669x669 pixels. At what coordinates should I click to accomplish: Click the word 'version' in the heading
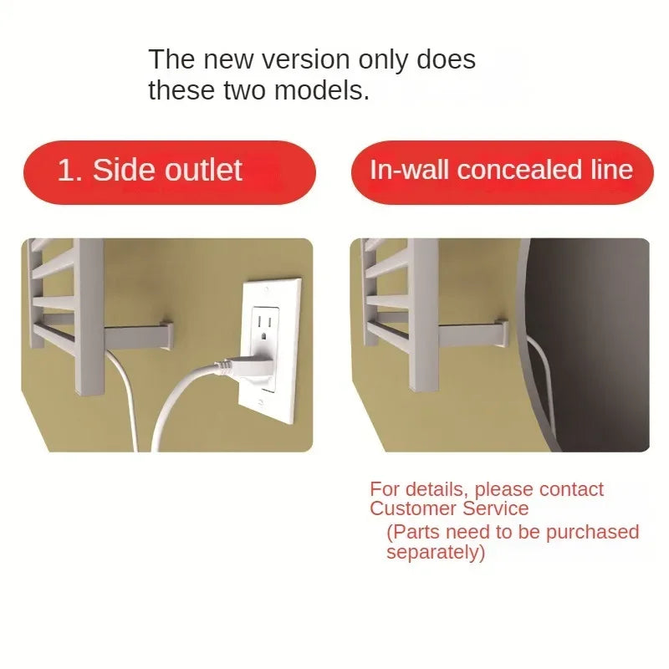coord(305,59)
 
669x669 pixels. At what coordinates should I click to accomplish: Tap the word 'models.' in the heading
coord(322,90)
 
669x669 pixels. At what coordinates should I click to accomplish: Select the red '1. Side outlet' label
coord(170,172)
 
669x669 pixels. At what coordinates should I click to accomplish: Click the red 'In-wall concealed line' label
coord(503,172)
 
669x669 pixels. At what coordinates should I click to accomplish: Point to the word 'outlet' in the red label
coord(203,170)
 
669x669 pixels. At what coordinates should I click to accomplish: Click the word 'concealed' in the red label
coord(519,170)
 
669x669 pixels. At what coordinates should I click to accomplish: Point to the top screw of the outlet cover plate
coord(266,289)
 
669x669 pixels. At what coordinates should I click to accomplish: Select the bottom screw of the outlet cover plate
coord(261,402)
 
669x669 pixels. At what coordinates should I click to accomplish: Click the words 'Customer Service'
coord(449,508)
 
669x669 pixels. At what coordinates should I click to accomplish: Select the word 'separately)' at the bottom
coord(436,552)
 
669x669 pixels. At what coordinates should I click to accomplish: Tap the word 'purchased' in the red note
coord(592,532)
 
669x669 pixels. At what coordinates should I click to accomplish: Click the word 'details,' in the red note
coord(437,490)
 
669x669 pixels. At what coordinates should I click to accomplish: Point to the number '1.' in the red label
coord(69,170)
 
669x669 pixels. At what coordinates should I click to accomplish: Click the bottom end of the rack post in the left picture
coord(89,391)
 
